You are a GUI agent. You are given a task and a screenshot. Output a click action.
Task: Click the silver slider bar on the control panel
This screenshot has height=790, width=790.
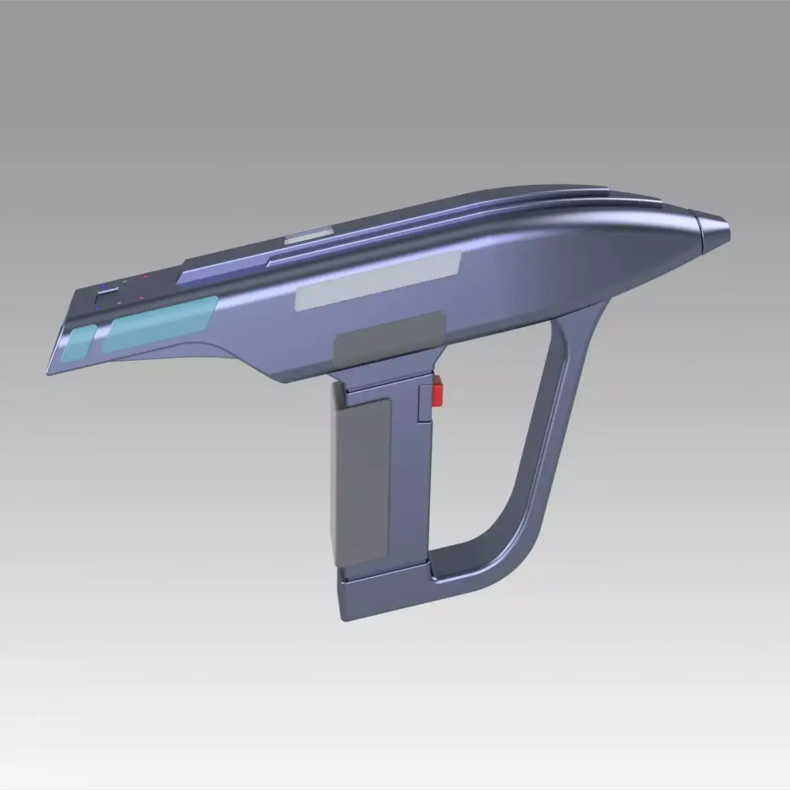(x=109, y=291)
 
